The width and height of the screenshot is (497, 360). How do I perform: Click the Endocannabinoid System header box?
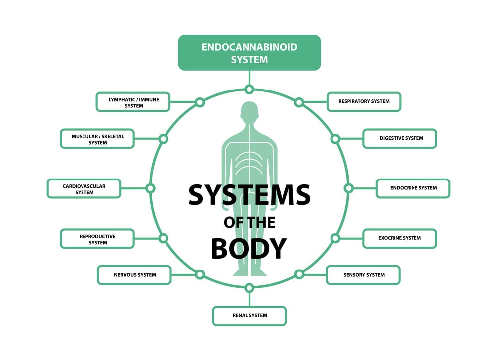(x=249, y=53)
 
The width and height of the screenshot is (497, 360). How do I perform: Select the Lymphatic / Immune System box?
(x=133, y=102)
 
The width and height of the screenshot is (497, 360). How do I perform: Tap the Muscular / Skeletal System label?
(x=97, y=139)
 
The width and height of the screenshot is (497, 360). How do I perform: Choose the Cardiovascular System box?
(x=84, y=188)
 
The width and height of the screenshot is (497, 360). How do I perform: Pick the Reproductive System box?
(x=97, y=239)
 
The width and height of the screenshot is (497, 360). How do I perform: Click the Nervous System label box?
(x=134, y=275)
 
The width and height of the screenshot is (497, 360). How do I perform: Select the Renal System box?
(x=249, y=316)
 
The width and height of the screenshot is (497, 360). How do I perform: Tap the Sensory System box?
(x=363, y=275)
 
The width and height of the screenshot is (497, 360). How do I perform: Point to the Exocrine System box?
(x=400, y=238)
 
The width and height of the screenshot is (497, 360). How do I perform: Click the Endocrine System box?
(x=413, y=188)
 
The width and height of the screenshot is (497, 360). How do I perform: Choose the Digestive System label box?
(x=400, y=139)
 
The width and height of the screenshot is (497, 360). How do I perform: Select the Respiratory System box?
(x=364, y=102)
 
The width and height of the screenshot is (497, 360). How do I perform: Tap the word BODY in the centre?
(x=249, y=248)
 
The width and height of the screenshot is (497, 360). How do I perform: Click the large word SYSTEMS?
(x=249, y=195)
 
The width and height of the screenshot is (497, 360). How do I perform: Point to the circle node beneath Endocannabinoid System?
(x=249, y=90)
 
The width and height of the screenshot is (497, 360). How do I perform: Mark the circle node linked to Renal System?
(x=249, y=287)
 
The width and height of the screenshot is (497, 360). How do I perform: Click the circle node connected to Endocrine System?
(x=348, y=188)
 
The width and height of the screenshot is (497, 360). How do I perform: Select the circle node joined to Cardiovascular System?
(x=151, y=188)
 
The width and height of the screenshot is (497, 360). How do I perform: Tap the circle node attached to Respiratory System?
(x=299, y=102)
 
